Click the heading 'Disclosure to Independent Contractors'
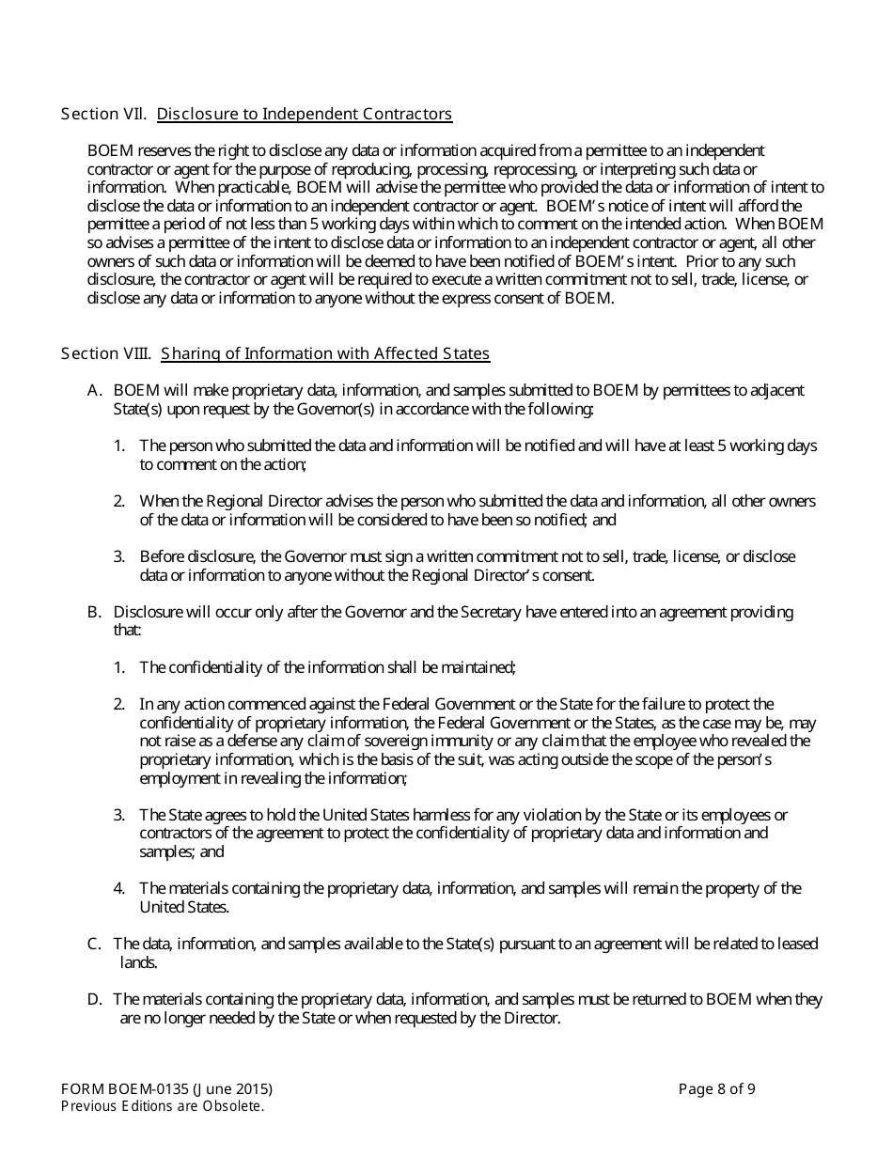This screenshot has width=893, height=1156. [305, 114]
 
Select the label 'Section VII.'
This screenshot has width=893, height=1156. [103, 114]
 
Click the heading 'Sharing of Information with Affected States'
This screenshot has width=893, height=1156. [325, 353]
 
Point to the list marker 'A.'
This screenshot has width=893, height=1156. [94, 390]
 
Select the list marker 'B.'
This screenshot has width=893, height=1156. [94, 612]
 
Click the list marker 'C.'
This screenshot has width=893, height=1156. [94, 944]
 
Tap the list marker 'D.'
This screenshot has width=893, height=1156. [94, 999]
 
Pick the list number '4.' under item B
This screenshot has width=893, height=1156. [119, 888]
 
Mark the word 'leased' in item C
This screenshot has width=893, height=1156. [796, 944]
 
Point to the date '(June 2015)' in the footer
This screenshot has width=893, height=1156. [234, 1089]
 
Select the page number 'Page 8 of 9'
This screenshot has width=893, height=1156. [717, 1089]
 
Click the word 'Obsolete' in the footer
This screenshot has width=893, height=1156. [230, 1106]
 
